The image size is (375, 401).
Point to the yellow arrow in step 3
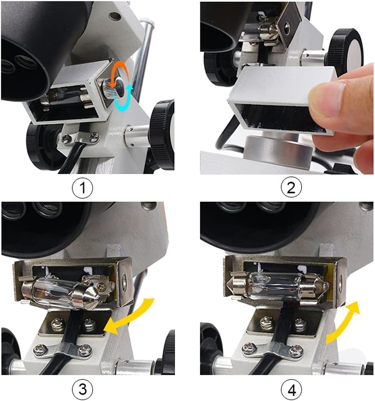point(130,316)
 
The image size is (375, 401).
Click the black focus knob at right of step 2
point(347,51)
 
